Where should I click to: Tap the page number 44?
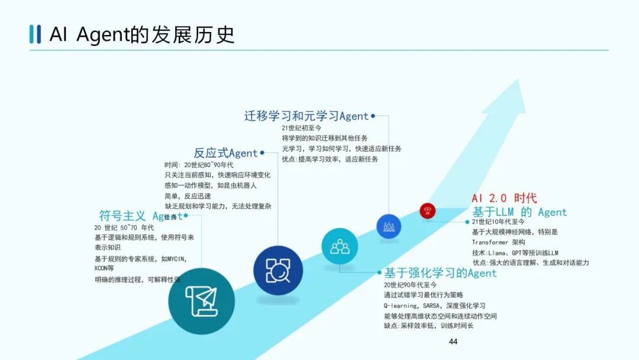click(453, 342)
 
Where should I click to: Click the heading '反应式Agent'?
click(226, 153)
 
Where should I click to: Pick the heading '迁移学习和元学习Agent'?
click(306, 116)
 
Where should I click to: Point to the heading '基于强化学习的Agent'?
click(441, 273)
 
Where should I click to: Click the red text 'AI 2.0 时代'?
click(504, 198)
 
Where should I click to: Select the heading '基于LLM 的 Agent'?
click(519, 212)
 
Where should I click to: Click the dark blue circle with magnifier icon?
click(278, 270)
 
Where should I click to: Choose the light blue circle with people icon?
click(340, 246)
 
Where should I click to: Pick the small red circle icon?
click(428, 210)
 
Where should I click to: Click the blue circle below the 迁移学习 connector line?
click(389, 226)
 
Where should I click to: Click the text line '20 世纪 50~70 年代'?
click(124, 228)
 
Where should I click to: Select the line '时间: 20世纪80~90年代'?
click(199, 165)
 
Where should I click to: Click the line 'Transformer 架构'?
click(498, 242)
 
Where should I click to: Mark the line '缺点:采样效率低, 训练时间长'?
click(429, 326)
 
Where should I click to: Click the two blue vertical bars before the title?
click(35, 34)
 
